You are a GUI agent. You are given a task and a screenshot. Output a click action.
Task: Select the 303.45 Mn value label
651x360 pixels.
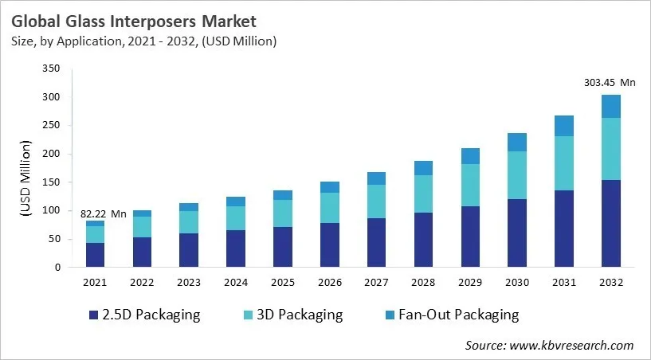(x=610, y=82)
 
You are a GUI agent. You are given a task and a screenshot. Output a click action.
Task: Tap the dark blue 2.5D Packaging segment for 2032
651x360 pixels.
(x=610, y=223)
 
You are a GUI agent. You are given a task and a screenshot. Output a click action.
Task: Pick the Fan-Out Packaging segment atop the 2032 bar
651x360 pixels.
(x=610, y=106)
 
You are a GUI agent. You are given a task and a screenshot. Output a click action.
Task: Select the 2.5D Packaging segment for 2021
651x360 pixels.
(x=96, y=255)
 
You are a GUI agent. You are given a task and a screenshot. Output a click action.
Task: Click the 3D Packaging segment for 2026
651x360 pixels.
(x=329, y=207)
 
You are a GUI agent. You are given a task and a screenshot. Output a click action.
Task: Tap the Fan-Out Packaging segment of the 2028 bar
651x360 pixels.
(x=423, y=168)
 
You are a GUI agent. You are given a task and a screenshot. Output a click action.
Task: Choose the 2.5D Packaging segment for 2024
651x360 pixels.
(x=236, y=248)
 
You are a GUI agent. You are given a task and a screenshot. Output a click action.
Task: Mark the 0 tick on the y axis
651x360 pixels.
(x=57, y=268)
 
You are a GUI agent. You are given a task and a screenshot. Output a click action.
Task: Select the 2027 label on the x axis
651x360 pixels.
(x=376, y=283)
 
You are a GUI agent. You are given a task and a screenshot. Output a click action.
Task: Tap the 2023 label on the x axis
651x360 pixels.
(x=189, y=283)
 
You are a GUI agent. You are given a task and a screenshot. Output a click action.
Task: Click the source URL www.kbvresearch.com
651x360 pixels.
(x=572, y=345)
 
